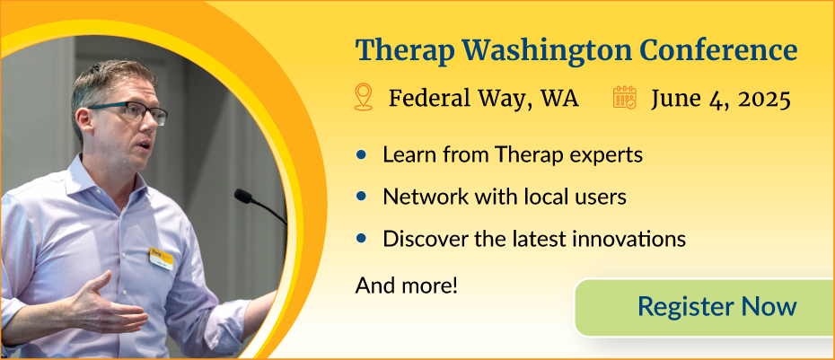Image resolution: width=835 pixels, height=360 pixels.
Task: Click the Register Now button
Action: (x=716, y=307)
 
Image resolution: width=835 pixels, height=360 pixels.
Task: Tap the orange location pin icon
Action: (x=364, y=97)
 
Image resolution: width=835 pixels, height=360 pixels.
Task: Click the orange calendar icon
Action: (x=625, y=97)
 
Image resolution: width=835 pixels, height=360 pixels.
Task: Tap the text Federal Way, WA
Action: (x=483, y=98)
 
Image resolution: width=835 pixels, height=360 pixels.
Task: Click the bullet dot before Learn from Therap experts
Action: (x=362, y=155)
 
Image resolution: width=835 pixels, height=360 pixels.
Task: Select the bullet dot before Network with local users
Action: (x=362, y=197)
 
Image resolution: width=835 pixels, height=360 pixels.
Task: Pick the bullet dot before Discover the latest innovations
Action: (x=362, y=239)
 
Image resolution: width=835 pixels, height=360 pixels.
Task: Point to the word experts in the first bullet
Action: (x=609, y=155)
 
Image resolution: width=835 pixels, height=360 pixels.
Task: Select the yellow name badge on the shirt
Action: (x=162, y=257)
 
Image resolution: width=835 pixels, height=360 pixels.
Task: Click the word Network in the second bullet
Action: (x=420, y=197)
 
